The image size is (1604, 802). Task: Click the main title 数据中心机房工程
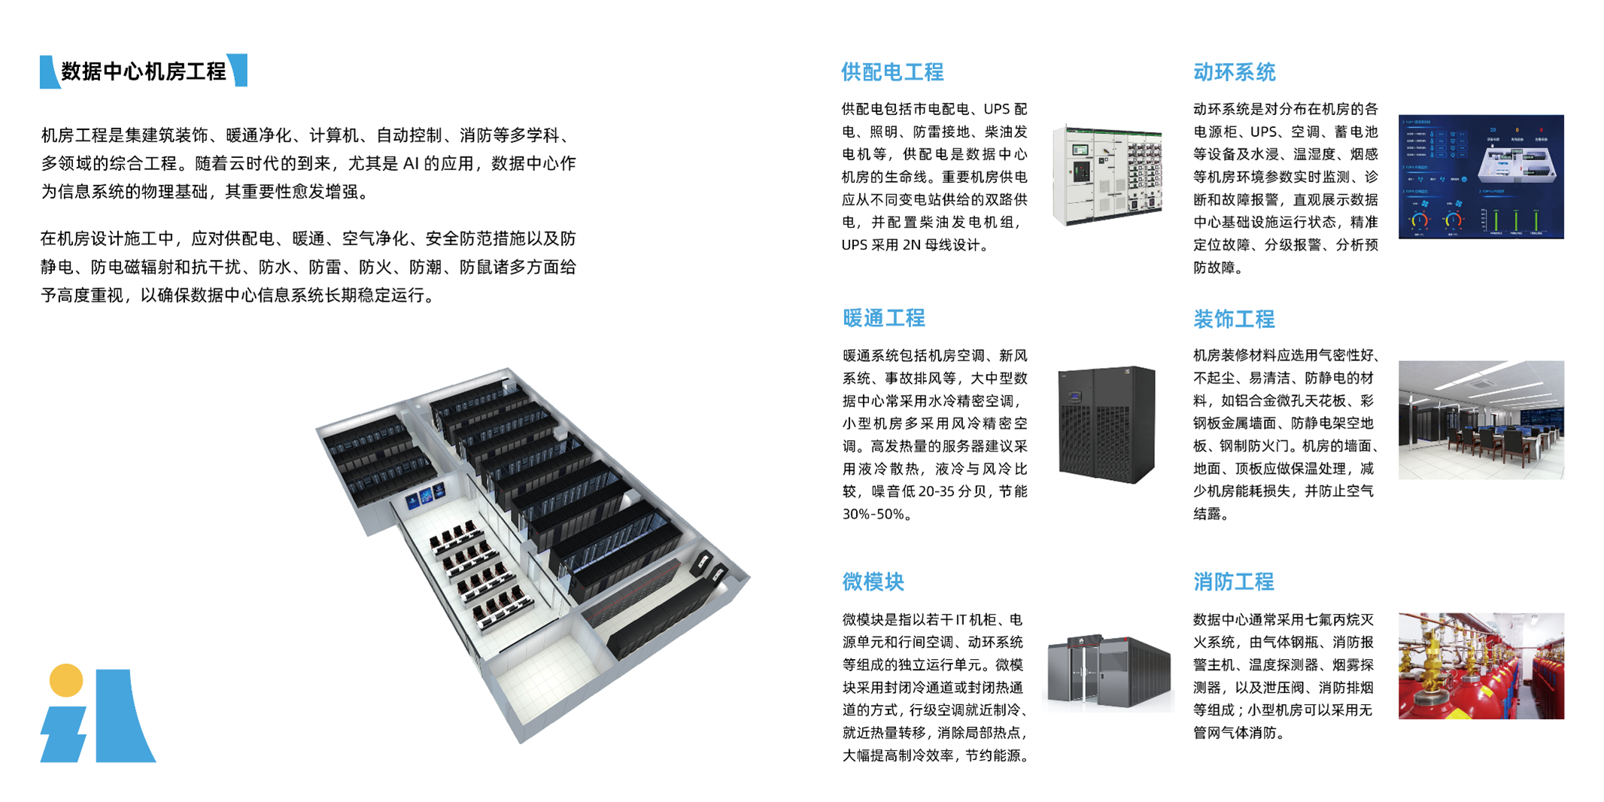click(144, 71)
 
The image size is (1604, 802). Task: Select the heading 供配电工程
click(892, 72)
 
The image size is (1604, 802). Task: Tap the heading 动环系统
click(1234, 72)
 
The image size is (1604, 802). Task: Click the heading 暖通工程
click(883, 318)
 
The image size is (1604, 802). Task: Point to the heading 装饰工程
click(1234, 319)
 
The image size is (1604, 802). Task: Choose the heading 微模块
click(873, 582)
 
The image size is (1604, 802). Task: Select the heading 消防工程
click(1234, 582)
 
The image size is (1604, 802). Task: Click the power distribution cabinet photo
click(1107, 176)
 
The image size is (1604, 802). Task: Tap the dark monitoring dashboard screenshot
click(1481, 177)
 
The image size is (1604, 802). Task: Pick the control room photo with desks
click(1481, 420)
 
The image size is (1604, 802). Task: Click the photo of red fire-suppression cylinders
click(1481, 666)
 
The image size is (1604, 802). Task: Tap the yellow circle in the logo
click(66, 680)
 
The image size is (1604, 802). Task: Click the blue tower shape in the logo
click(123, 716)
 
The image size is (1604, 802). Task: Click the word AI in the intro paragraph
click(411, 163)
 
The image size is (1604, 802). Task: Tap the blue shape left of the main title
click(49, 72)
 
